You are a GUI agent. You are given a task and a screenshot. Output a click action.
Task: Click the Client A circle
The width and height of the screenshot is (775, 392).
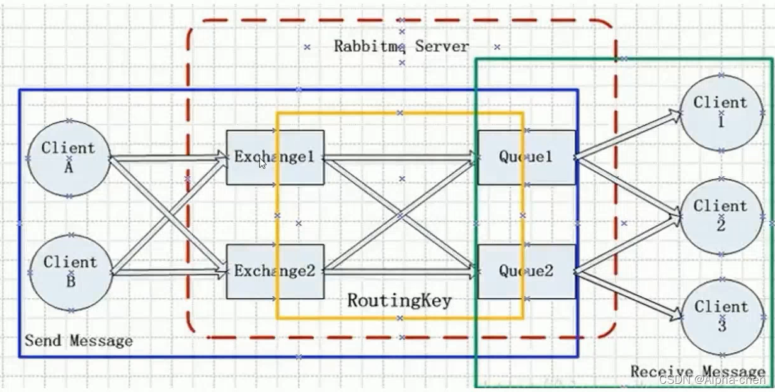[69, 158]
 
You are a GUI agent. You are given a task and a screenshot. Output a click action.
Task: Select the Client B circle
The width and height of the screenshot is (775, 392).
[71, 272]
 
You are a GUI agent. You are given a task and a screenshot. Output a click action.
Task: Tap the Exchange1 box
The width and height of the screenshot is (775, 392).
[275, 157]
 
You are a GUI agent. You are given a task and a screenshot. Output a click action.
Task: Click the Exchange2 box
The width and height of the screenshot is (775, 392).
[275, 271]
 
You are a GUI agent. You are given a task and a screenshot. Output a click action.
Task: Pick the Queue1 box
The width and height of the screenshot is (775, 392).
[526, 157]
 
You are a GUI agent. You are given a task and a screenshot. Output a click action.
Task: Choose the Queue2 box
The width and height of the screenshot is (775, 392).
[526, 271]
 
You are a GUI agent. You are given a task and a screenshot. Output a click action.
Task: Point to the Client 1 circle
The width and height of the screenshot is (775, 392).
[721, 113]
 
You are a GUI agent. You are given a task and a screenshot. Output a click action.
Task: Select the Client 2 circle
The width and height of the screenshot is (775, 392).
[721, 216]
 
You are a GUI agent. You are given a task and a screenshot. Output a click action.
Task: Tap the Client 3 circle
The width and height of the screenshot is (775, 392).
[721, 317]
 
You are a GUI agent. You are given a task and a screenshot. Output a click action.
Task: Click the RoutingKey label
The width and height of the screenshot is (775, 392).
[399, 301]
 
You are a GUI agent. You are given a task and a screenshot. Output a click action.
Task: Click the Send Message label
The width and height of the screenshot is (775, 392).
[79, 341]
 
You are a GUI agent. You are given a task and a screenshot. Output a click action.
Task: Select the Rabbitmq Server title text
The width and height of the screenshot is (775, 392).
[401, 47]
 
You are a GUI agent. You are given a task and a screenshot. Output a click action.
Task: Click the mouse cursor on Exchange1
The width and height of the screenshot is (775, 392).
[263, 163]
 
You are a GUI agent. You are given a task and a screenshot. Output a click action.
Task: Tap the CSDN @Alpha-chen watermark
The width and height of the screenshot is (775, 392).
[712, 379]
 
